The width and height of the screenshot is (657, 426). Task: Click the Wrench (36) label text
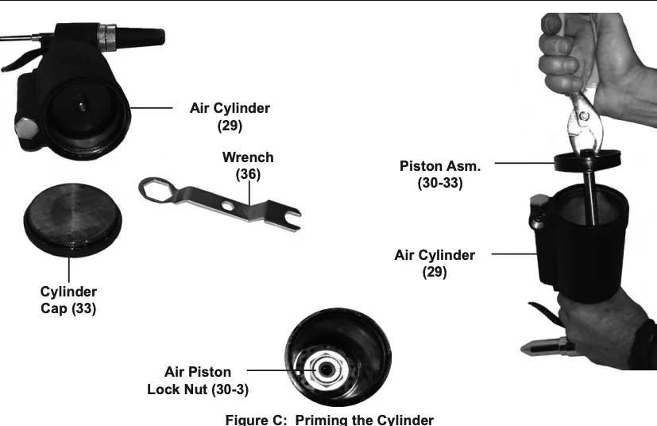(x=248, y=165)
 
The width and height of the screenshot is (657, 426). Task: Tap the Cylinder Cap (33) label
(x=68, y=300)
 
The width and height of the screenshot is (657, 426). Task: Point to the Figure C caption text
(x=330, y=419)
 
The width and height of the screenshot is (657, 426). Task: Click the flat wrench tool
(x=222, y=202)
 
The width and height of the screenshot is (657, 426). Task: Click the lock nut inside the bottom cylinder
(x=326, y=367)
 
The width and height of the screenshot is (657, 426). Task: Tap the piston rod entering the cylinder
(x=593, y=199)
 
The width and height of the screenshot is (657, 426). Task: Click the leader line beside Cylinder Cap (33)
(x=69, y=267)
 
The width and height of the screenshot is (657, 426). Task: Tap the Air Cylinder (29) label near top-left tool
(x=229, y=115)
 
